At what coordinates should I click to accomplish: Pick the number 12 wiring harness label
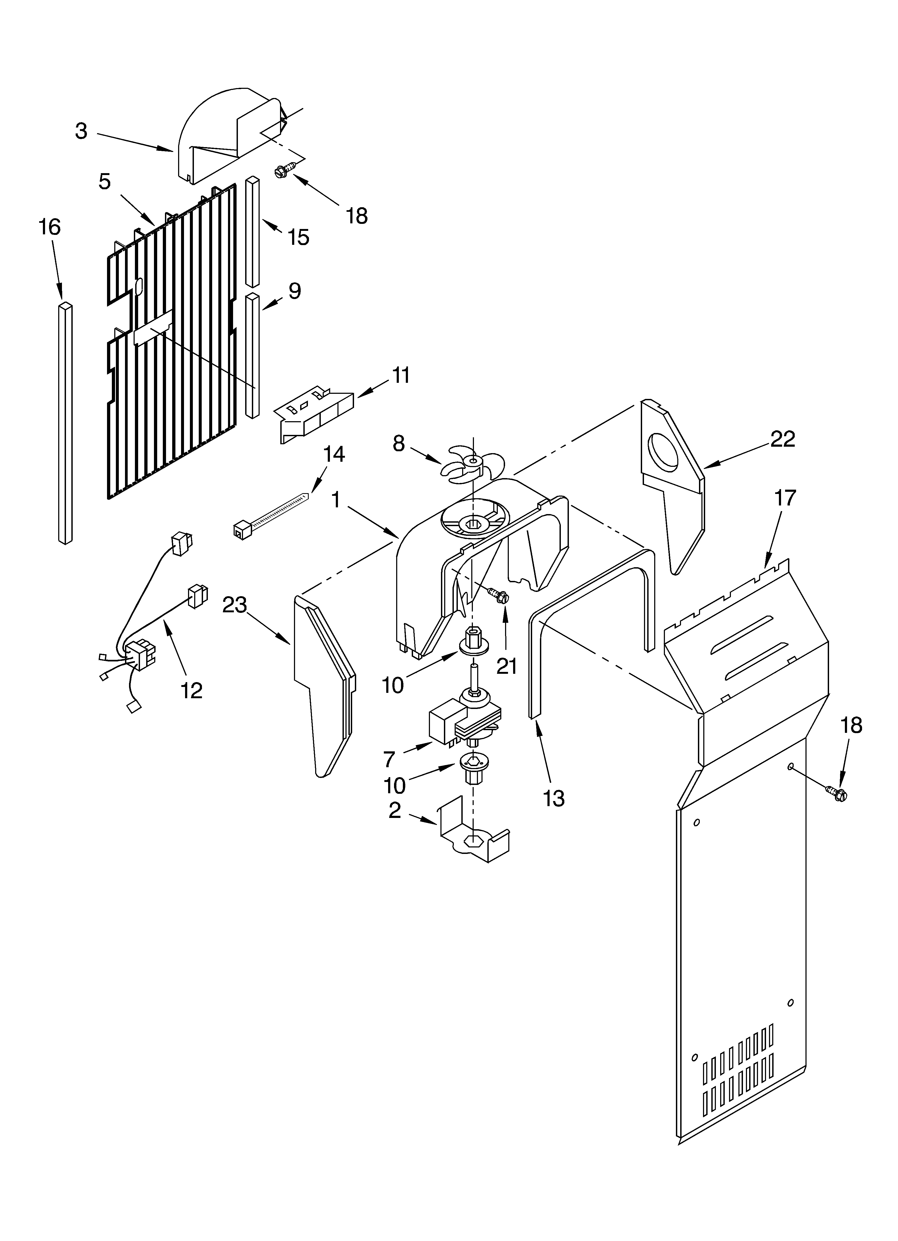192,690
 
